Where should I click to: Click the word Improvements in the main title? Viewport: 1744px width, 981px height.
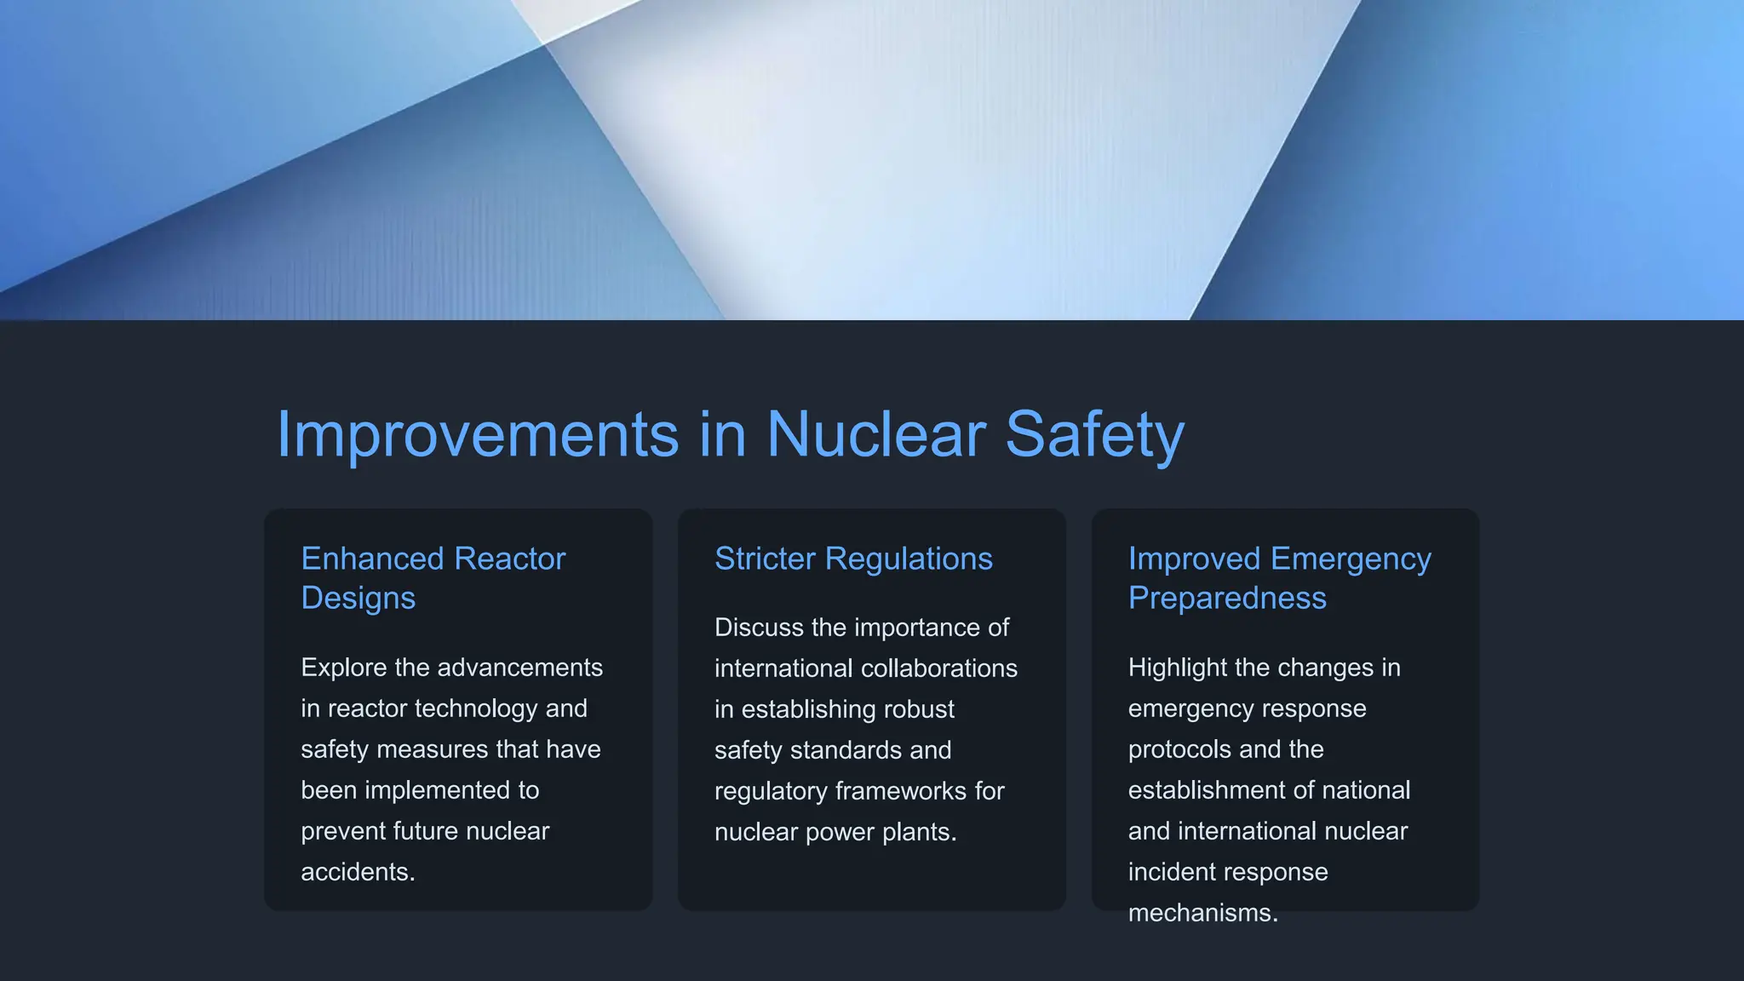click(478, 434)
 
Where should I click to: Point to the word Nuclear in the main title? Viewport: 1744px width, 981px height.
click(876, 434)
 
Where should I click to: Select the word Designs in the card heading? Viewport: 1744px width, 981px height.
click(358, 598)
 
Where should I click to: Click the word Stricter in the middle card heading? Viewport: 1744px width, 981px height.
click(765, 559)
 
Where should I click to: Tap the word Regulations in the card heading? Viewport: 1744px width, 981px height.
click(909, 559)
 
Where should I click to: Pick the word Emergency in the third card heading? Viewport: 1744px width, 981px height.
click(1351, 559)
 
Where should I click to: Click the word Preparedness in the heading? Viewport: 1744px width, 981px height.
click(1227, 598)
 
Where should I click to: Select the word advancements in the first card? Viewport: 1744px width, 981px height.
click(518, 668)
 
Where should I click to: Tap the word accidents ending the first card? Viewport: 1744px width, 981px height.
click(358, 872)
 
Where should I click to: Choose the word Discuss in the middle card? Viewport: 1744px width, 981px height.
click(759, 628)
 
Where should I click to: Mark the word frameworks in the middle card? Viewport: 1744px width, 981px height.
click(901, 791)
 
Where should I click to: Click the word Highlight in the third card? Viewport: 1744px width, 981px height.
click(1178, 668)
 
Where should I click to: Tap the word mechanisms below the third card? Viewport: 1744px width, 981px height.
click(1202, 913)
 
